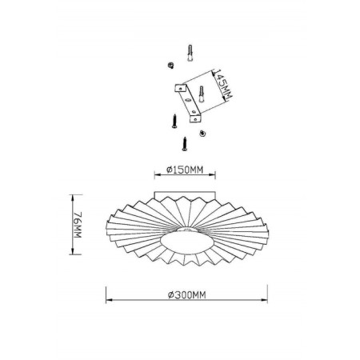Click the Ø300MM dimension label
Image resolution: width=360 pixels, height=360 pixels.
point(187,295)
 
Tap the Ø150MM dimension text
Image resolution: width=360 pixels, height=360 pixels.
point(185,170)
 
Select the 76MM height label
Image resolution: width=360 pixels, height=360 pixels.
point(78,225)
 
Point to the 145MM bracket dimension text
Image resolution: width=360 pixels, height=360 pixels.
point(223,85)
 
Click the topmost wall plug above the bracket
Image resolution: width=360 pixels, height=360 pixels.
point(190,53)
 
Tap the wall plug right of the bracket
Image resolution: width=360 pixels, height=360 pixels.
point(202,94)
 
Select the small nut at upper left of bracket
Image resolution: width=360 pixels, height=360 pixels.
point(170,65)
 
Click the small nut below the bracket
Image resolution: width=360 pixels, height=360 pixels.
point(202,133)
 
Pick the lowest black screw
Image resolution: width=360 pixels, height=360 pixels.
point(185,144)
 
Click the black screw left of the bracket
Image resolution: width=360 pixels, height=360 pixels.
point(174,121)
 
